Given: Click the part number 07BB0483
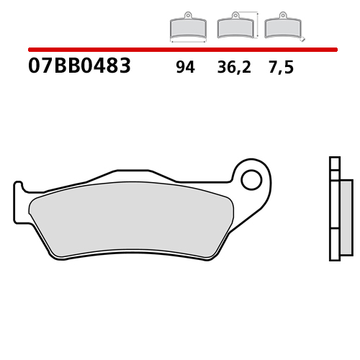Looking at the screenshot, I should pyautogui.click(x=79, y=67).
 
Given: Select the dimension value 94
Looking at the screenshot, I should pyautogui.click(x=185, y=68).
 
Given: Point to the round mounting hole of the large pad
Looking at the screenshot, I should pyautogui.click(x=251, y=179).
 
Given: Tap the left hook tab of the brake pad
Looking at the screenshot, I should pyautogui.click(x=20, y=202).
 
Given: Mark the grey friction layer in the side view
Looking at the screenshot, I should pyautogui.click(x=346, y=216).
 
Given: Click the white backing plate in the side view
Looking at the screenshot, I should pyautogui.click(x=334, y=216).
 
